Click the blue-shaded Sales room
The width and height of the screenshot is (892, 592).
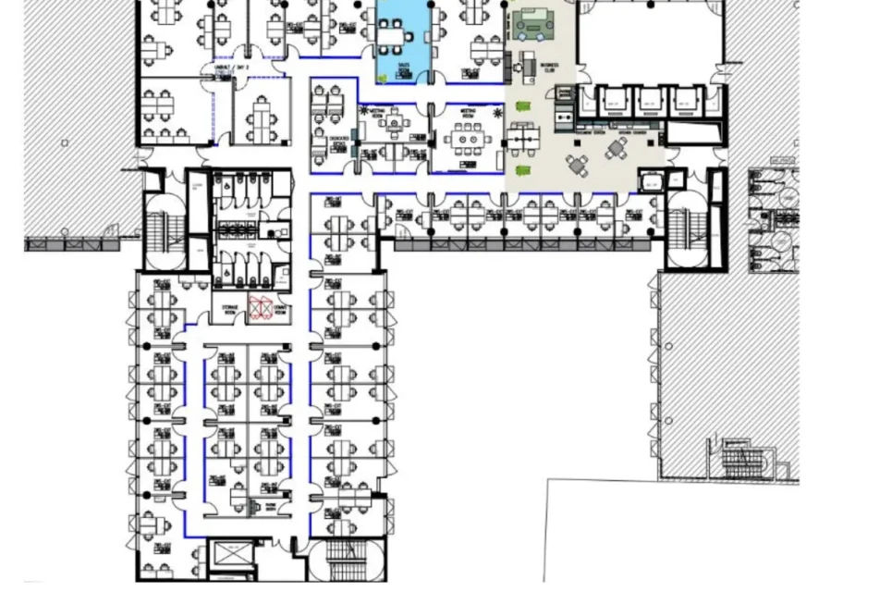(x=403, y=42)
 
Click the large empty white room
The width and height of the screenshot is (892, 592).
(x=648, y=42)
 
